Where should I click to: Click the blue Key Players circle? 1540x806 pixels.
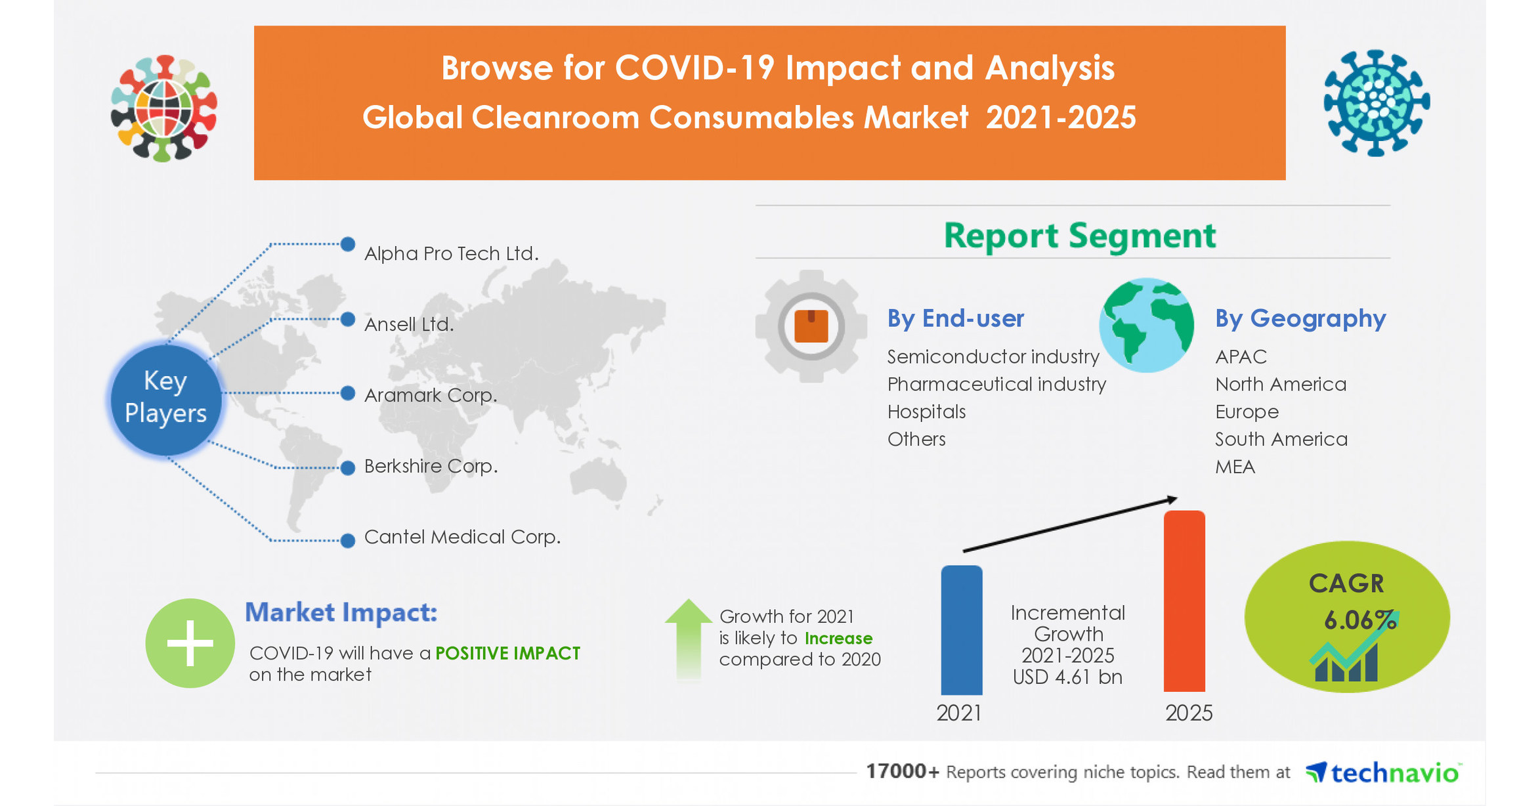[x=165, y=398]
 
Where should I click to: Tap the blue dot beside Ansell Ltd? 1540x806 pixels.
[x=348, y=320]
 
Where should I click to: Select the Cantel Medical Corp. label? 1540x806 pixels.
[x=462, y=537]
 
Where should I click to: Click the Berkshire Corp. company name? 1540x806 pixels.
[x=431, y=466]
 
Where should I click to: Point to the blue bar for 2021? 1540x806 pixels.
[x=961, y=630]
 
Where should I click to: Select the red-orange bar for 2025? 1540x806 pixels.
[x=1184, y=601]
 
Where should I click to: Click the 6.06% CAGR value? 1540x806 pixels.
[x=1359, y=620]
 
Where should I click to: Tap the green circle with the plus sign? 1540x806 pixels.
[x=190, y=643]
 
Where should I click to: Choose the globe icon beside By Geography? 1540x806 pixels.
[x=1146, y=326]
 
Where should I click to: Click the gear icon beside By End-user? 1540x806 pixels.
[x=811, y=326]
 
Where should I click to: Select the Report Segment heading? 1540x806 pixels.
[x=1079, y=236]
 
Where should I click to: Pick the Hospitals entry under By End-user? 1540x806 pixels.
[x=926, y=412]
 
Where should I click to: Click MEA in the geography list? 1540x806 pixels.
[x=1235, y=467]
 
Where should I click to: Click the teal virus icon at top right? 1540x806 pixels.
[x=1376, y=103]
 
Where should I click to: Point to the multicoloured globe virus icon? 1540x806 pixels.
[x=164, y=108]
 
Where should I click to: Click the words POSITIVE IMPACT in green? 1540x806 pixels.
[x=507, y=653]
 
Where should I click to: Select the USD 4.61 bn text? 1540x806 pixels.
[x=1067, y=677]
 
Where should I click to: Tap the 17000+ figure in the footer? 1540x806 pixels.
[x=902, y=771]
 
